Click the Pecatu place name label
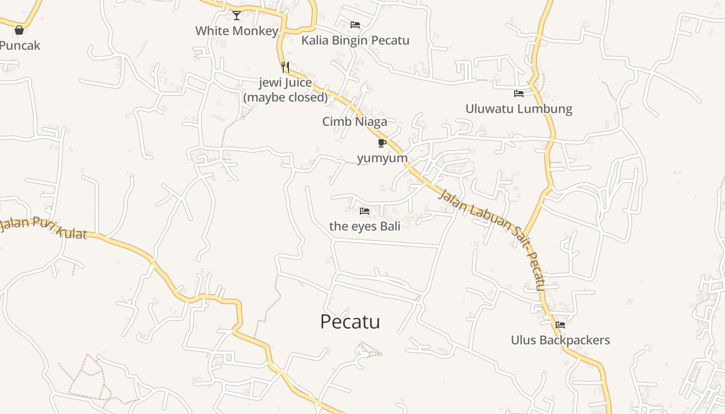point(350,322)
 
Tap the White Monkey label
point(237,31)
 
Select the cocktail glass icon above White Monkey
point(237,16)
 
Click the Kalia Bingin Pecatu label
point(355,40)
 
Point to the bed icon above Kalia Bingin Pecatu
point(355,25)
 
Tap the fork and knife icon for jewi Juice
point(285,67)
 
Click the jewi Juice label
point(285,83)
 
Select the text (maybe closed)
point(285,97)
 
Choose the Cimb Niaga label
point(355,122)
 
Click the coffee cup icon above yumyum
point(382,143)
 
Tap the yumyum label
point(382,158)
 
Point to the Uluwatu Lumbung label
point(519,109)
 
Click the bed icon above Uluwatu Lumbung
point(519,94)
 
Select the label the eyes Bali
point(365,226)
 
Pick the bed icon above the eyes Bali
point(365,211)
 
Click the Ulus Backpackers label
point(560,340)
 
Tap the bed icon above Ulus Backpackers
point(560,325)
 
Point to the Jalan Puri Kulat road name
point(44,228)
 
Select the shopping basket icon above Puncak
point(19,30)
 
